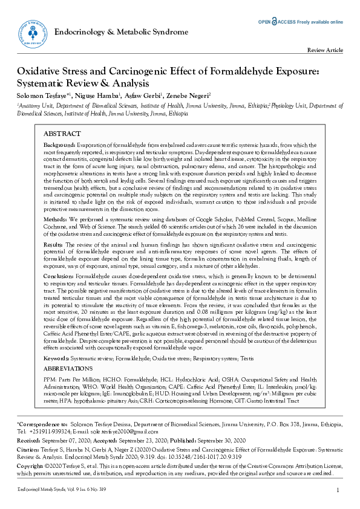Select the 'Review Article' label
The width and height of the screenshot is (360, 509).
326,51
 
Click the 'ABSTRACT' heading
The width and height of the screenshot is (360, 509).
62,133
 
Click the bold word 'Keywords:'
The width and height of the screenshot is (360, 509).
57,357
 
